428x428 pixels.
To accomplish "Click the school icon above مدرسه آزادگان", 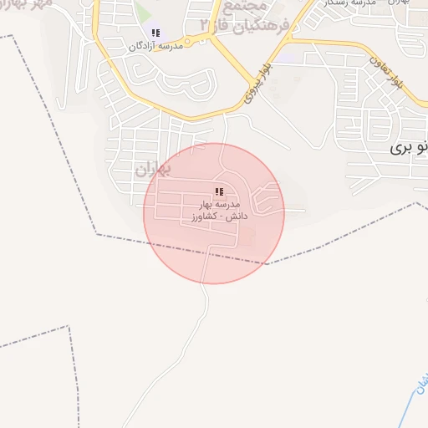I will pyautogui.click(x=155, y=33).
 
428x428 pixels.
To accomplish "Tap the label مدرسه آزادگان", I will pyautogui.click(x=155, y=47).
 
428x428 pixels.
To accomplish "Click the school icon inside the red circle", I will pyautogui.click(x=220, y=191).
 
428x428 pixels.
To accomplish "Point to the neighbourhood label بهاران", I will pyautogui.click(x=152, y=170).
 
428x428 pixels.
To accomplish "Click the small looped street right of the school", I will pyautogui.click(x=266, y=199).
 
